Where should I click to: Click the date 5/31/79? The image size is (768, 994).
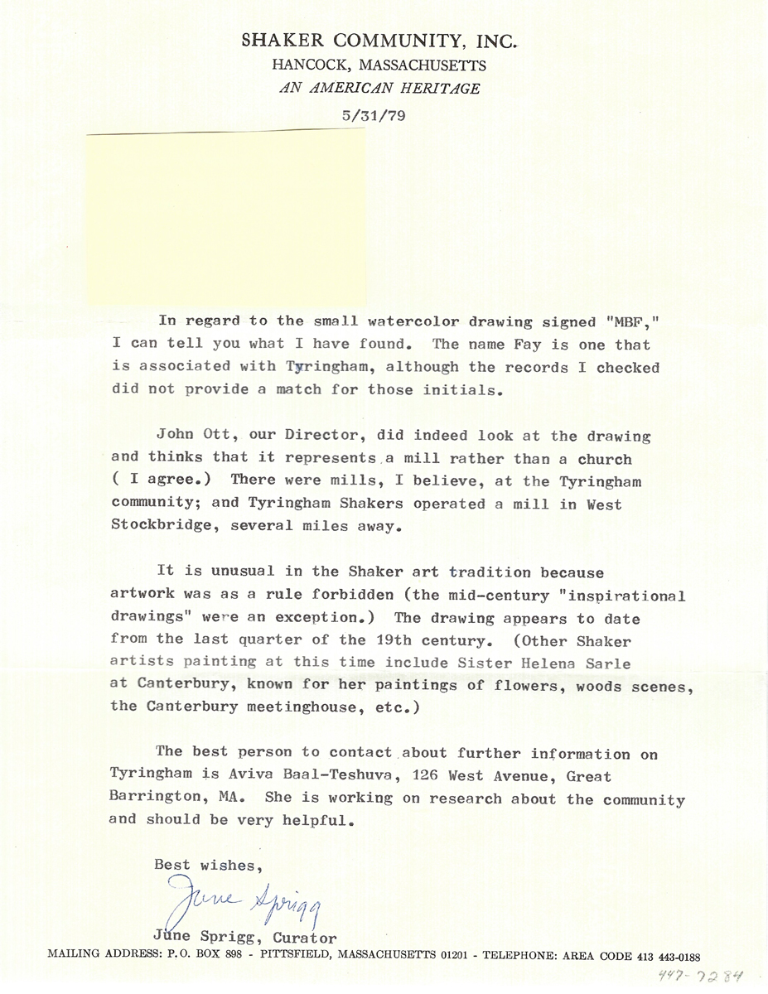coord(373,116)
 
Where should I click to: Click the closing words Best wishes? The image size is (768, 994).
coord(209,866)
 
